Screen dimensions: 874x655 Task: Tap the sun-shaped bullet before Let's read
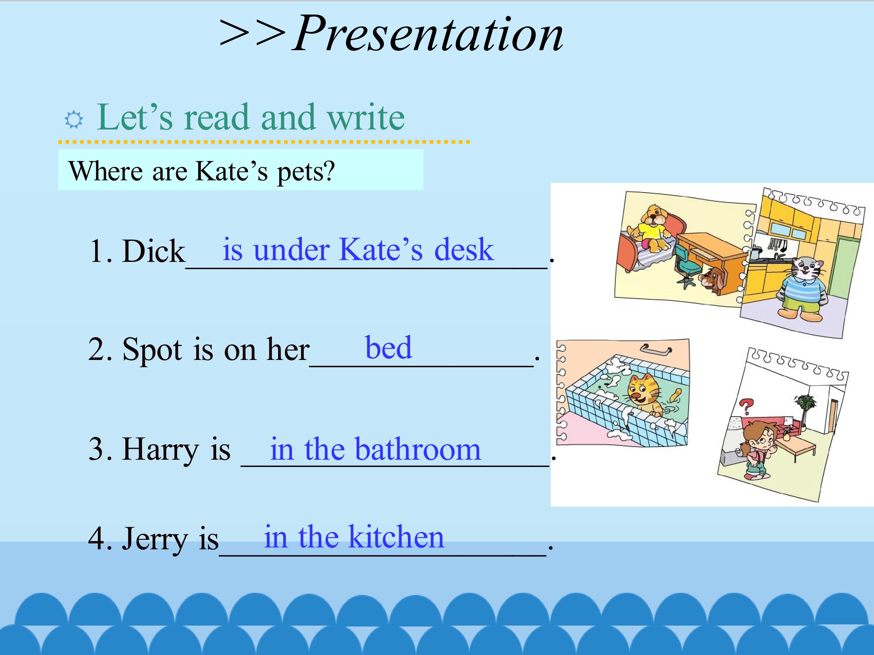74,120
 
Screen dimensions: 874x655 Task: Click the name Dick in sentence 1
154,251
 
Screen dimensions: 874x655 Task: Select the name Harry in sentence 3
161,451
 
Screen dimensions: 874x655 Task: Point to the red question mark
746,406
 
